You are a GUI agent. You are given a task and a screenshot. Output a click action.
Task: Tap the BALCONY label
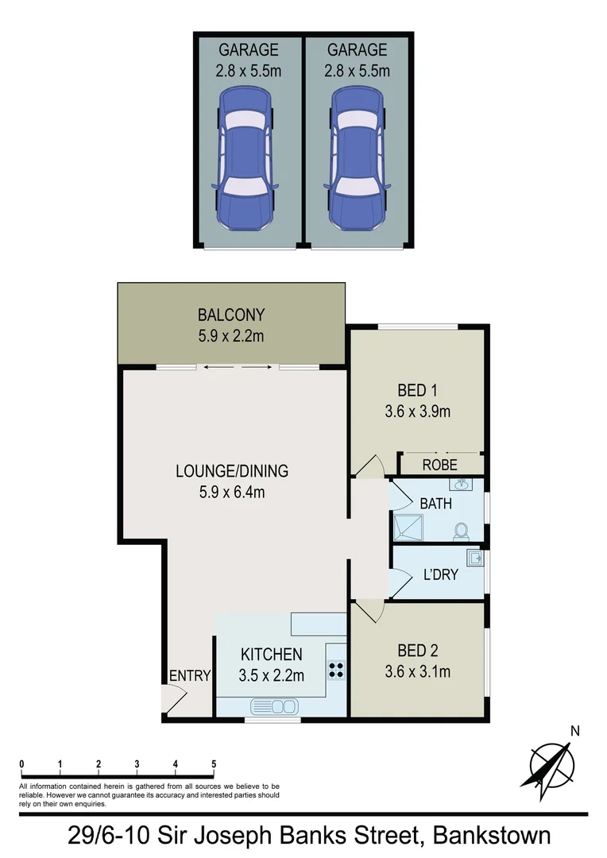231,315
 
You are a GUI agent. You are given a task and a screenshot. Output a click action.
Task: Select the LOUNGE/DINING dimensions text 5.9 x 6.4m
231,492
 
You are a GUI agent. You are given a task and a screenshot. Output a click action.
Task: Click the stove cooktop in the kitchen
336,670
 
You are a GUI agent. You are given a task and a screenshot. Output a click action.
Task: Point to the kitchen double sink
273,705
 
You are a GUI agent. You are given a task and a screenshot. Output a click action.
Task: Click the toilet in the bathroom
459,531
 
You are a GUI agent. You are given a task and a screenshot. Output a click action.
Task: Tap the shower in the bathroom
408,528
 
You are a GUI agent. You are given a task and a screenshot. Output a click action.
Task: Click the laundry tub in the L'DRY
475,558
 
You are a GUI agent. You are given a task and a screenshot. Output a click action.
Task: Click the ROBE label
439,465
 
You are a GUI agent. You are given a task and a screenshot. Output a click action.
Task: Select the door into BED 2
369,610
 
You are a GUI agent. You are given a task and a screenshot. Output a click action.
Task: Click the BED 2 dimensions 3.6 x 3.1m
417,671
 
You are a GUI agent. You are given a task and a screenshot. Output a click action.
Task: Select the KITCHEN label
271,655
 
